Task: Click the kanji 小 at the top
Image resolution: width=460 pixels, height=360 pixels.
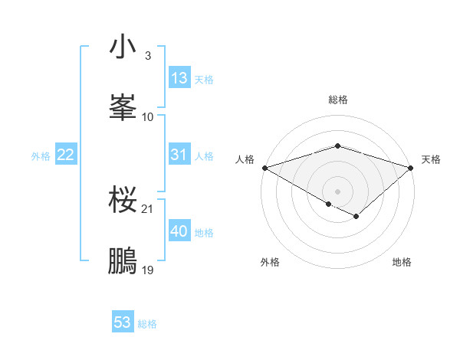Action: pos(123,47)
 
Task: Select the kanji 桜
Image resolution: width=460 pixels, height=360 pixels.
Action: pos(123,200)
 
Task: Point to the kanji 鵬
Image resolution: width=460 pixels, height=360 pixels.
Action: pos(123,260)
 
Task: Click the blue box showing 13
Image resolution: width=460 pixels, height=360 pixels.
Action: pos(179,78)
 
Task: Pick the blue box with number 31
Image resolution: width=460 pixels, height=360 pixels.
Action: pos(179,155)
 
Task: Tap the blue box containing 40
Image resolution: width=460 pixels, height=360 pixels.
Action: pos(179,231)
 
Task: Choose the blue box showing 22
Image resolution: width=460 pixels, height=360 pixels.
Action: pos(66,155)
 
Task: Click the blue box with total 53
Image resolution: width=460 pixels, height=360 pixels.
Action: pos(123,322)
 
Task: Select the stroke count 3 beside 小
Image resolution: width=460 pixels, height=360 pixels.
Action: pos(147,56)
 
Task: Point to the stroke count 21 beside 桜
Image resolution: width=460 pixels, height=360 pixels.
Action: pos(148,209)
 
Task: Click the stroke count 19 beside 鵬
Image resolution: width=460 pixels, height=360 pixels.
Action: pos(148,270)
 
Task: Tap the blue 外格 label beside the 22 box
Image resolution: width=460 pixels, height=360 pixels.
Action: pos(41,156)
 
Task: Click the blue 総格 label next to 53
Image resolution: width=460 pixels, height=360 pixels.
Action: pos(147,324)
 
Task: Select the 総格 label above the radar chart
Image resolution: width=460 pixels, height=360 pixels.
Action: pos(337,100)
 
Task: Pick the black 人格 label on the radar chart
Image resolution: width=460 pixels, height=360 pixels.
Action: pos(245,159)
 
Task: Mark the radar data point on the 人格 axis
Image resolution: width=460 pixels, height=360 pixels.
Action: pos(264,168)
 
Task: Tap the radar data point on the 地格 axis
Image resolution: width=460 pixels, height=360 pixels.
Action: pos(356,218)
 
